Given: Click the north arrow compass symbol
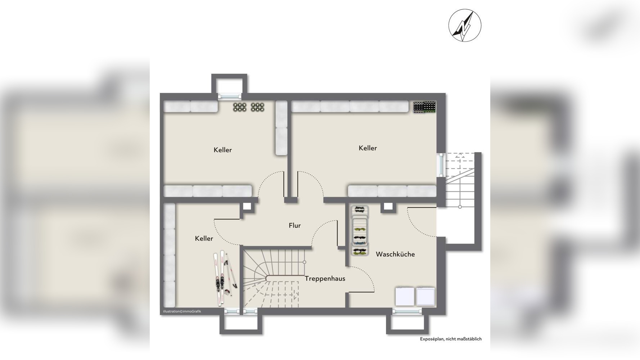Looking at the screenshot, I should pos(465,26).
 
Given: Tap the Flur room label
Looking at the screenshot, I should pos(294,226).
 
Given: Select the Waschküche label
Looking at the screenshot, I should pos(395,255).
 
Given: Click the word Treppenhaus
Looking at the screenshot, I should pos(325,279).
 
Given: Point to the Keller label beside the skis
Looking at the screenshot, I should pos(204,239).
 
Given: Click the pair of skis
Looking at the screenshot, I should pos(224,278).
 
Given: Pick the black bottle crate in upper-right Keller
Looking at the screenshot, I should pos(424,107).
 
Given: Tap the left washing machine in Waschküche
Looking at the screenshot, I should pos(405,297).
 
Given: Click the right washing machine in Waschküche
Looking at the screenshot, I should pos(425,297).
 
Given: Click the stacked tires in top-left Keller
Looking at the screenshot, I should pos(249,107).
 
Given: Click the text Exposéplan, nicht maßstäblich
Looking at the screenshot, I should pos(451,339).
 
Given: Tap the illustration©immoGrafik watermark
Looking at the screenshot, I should pos(182,311).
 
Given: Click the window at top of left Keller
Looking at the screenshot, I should pos(230,96).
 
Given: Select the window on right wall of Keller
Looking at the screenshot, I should pos(441,165).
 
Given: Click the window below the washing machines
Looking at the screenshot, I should pos(407,311).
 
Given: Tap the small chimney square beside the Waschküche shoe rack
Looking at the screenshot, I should pos(388,207).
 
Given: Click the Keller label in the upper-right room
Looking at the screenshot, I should pos(368,148).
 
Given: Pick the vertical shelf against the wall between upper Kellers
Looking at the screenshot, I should pos(281,128).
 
